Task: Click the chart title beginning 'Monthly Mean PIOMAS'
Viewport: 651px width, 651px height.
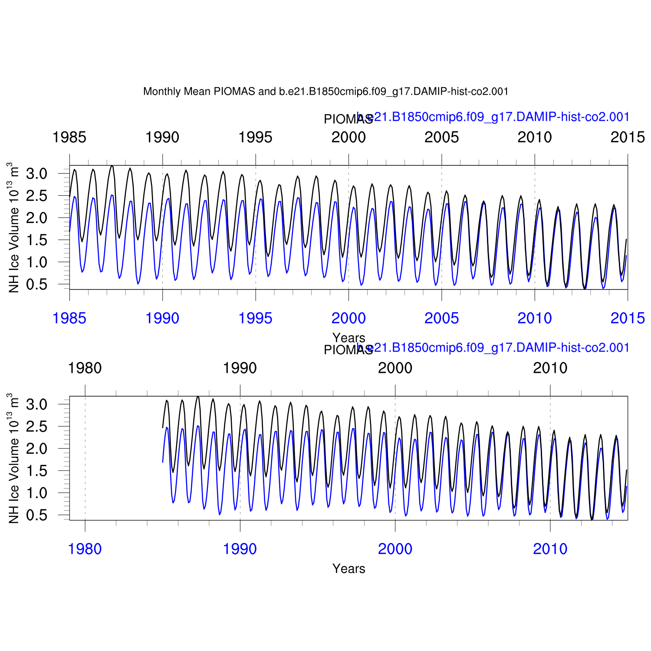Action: [x=325, y=92]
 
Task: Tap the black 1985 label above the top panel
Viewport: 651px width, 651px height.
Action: [x=69, y=138]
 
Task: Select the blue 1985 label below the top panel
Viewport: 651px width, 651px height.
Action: [x=69, y=319]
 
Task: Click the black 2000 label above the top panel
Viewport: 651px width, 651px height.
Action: [x=349, y=138]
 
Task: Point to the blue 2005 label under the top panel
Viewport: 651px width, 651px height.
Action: [x=441, y=319]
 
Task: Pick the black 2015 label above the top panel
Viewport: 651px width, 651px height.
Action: [x=628, y=138]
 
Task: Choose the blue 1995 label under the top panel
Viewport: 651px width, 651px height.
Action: [x=256, y=319]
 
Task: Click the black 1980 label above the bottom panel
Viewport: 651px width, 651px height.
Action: [x=85, y=368]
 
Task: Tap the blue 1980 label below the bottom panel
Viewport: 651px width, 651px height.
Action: [x=85, y=549]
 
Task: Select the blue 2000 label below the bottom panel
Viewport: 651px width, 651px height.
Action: [x=395, y=549]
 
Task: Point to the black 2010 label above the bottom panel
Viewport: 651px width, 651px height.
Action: [x=550, y=368]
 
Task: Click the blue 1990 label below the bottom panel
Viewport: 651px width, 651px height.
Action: [x=240, y=549]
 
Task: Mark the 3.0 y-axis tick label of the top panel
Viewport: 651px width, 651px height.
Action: [x=36, y=174]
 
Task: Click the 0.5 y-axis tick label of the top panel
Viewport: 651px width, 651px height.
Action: [x=36, y=284]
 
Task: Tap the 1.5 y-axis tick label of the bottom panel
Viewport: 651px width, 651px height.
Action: [x=36, y=471]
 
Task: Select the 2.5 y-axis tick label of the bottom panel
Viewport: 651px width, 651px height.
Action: [x=36, y=427]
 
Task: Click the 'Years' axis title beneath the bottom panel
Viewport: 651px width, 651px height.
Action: [x=349, y=569]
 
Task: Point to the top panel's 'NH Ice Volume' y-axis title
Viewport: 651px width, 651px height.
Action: [x=13, y=228]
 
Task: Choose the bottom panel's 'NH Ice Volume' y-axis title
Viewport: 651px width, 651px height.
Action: [x=13, y=459]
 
